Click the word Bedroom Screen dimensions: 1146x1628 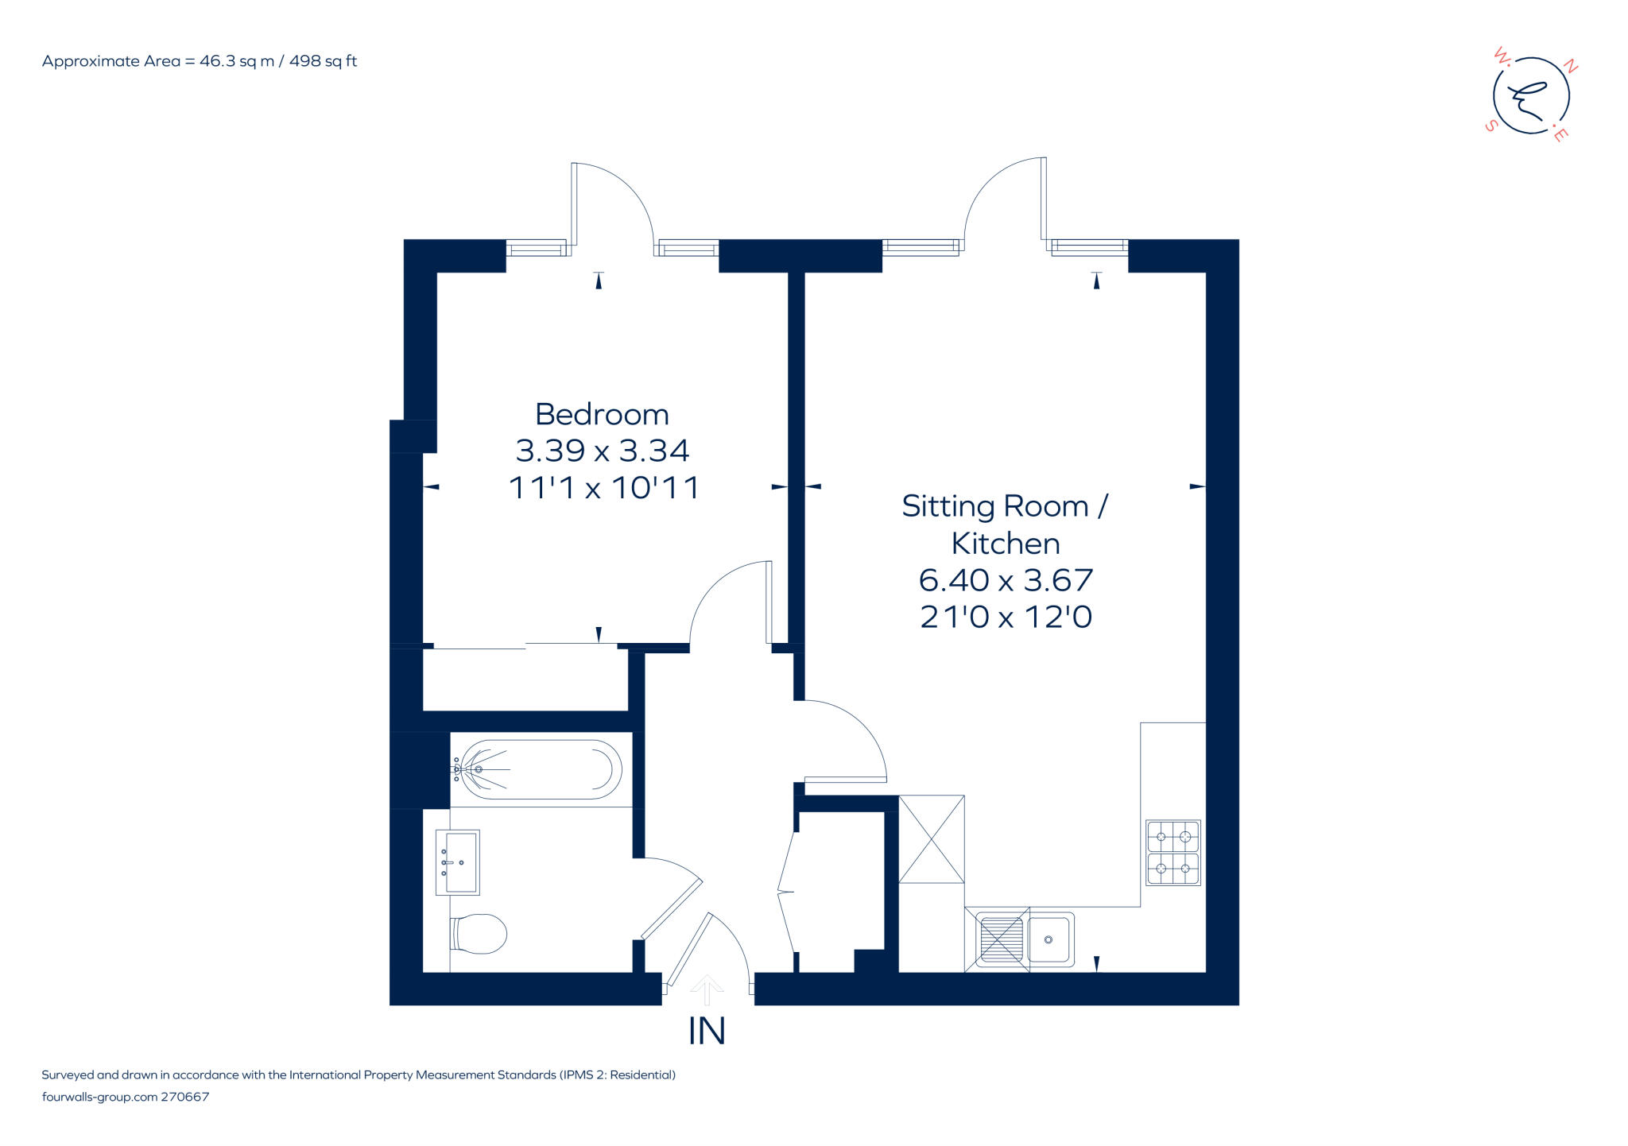click(602, 414)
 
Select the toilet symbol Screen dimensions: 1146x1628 click(479, 933)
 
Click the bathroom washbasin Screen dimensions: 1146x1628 click(458, 862)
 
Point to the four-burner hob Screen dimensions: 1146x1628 click(1173, 853)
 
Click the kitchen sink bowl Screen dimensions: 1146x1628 click(1049, 939)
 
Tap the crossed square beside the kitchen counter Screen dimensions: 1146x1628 click(931, 838)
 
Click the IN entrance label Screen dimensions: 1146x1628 click(706, 1032)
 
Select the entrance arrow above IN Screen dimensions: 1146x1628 click(706, 990)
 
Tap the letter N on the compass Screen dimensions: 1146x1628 click(1570, 68)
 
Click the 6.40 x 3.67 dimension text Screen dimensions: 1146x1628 click(1006, 580)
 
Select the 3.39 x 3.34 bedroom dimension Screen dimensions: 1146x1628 click(602, 451)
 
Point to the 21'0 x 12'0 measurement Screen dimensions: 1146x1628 click(1006, 617)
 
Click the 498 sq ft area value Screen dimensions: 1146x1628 click(323, 61)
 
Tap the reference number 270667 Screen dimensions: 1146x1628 click(185, 1097)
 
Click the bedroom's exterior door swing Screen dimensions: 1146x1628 click(612, 203)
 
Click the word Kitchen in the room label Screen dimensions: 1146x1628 click(1006, 544)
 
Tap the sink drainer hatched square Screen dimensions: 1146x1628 click(1001, 939)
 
